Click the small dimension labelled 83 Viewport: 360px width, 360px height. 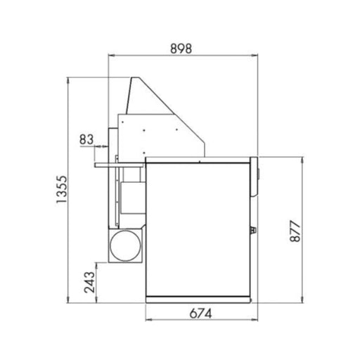click(86, 139)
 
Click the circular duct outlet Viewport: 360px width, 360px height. click(127, 245)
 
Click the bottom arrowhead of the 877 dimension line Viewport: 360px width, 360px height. click(302, 299)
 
